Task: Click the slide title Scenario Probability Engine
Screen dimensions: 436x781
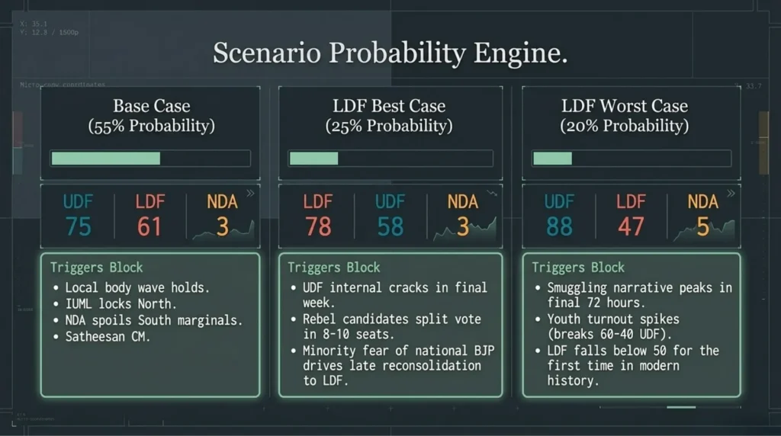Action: coord(390,54)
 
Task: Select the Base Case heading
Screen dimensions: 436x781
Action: coord(151,106)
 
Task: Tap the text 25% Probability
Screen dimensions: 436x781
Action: coord(389,126)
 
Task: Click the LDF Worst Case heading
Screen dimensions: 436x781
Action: coord(624,106)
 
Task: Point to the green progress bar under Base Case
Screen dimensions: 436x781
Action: coord(106,159)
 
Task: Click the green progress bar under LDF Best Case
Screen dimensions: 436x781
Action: coord(313,159)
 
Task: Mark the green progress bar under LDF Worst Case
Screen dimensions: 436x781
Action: coord(552,159)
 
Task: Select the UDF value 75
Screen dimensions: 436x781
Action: coord(78,226)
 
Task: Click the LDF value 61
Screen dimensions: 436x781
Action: coord(149,226)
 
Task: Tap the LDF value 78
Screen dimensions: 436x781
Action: coord(317,226)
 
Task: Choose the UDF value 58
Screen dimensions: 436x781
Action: coord(390,226)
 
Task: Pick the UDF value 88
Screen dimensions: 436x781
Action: coord(559,226)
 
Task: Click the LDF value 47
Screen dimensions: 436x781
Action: coord(631,226)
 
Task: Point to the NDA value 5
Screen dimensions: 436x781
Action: coord(702,226)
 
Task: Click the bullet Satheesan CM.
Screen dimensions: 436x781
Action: coord(108,336)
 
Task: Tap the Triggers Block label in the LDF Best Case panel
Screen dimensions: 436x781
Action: coord(333,268)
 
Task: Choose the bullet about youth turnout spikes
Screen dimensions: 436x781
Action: coord(612,327)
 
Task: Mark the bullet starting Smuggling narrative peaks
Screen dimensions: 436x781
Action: coord(639,295)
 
